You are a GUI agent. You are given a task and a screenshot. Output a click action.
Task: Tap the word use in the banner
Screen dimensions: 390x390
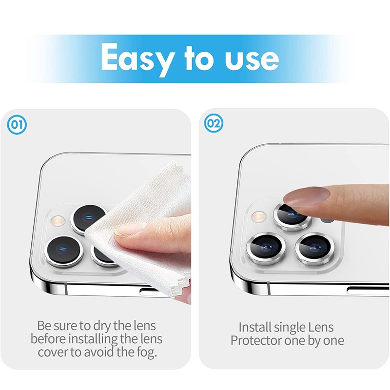click(252, 59)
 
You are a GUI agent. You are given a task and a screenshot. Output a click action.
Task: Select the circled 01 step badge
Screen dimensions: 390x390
click(17, 125)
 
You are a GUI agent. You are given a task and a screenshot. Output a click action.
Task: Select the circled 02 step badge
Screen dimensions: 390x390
click(214, 123)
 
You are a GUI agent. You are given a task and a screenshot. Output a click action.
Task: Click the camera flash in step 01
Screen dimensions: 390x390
click(58, 220)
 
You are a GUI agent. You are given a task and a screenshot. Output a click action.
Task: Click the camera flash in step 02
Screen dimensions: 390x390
click(259, 216)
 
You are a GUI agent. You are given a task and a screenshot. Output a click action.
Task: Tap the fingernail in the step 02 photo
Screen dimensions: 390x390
click(307, 196)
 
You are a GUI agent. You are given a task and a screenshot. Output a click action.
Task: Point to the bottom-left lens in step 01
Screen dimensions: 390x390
click(64, 251)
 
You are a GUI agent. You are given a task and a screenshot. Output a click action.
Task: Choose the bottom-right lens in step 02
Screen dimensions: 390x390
click(314, 248)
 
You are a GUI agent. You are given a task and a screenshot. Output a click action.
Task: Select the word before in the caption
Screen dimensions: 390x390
click(48, 339)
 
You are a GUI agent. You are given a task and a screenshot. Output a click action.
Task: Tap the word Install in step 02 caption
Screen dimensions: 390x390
click(254, 327)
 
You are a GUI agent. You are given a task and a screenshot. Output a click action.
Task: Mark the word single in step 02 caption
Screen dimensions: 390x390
click(290, 328)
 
